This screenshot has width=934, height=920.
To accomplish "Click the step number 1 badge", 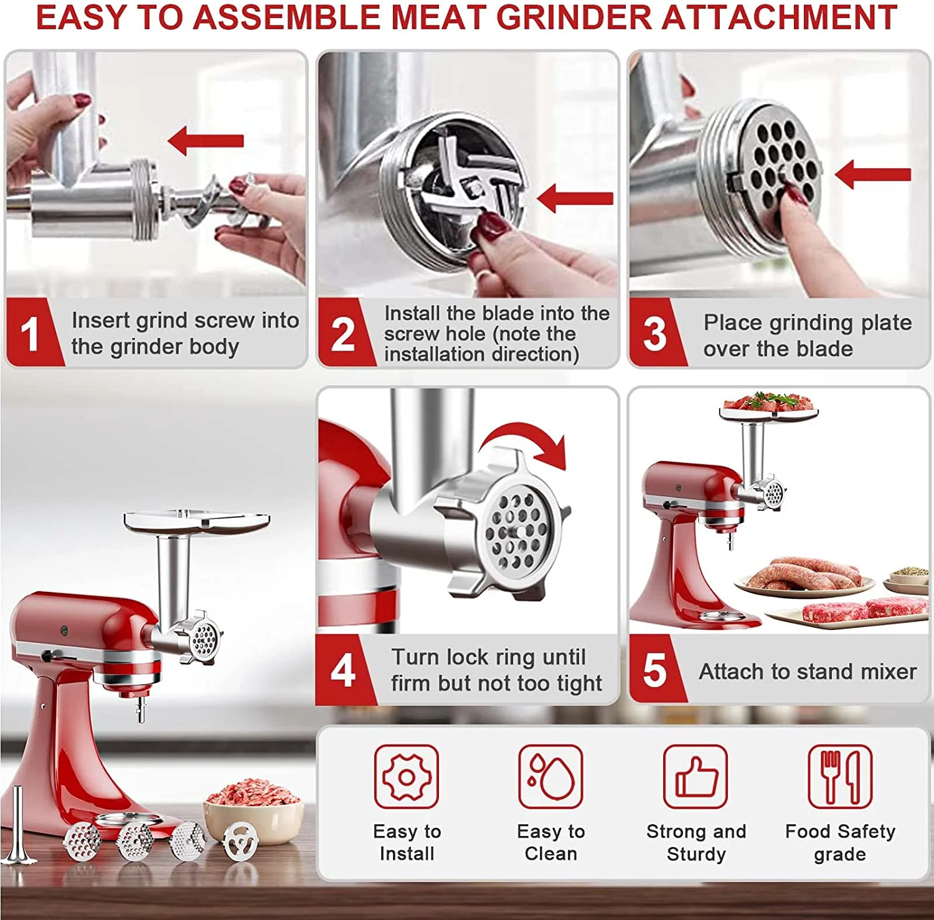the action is click(x=31, y=332).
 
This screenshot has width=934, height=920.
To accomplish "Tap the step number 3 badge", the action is click(x=655, y=332).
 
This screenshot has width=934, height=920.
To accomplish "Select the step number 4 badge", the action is click(x=343, y=670).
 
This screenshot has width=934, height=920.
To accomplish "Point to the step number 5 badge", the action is click(x=655, y=670).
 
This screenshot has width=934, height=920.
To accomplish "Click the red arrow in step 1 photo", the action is click(x=205, y=140).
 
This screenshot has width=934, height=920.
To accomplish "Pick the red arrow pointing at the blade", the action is click(x=575, y=198).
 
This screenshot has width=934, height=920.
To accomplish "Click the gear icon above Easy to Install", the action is click(x=407, y=777).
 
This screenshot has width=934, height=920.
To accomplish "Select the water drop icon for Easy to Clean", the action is click(x=551, y=777).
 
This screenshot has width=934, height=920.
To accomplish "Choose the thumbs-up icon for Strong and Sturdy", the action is click(x=696, y=777).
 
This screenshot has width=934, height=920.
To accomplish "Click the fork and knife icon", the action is click(x=840, y=777).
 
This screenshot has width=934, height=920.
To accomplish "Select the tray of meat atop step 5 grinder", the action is click(x=769, y=406).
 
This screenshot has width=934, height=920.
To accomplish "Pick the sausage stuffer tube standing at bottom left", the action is click(x=17, y=825).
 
